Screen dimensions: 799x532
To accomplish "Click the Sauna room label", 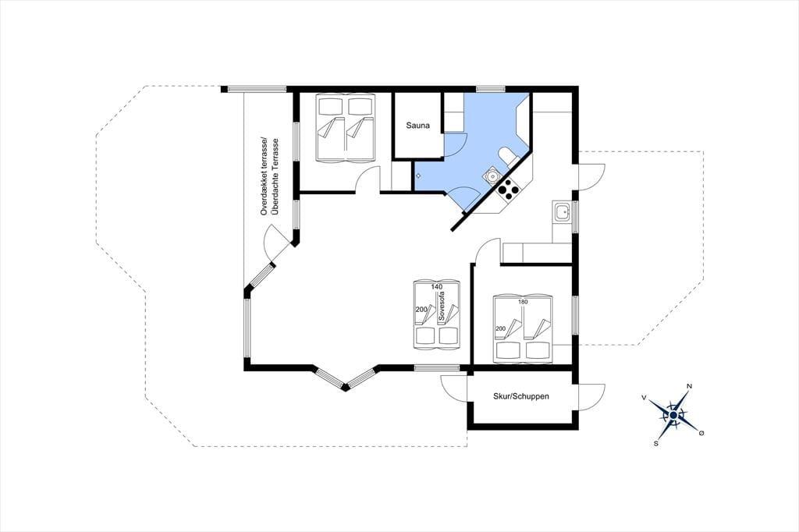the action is tap(418, 126).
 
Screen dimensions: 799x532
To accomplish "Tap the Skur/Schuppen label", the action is tap(520, 396).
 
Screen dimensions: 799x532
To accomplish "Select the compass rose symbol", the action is tap(673, 415).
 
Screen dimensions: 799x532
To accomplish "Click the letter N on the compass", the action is tap(690, 386).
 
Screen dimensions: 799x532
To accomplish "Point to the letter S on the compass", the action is tap(656, 444).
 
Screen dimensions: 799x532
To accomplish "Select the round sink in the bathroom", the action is tap(492, 176).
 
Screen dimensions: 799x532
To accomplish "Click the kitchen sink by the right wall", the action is tap(563, 211).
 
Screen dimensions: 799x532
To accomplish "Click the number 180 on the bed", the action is tap(523, 302).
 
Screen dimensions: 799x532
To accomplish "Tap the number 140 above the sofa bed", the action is tap(437, 287).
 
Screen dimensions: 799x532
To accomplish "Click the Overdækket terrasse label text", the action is tap(264, 176).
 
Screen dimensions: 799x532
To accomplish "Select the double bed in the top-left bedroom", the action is tap(346, 127).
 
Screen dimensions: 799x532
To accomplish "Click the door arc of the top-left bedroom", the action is tap(367, 180).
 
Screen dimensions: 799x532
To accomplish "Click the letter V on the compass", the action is tap(644, 397).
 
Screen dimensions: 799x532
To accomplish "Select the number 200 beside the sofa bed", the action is tap(421, 310).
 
